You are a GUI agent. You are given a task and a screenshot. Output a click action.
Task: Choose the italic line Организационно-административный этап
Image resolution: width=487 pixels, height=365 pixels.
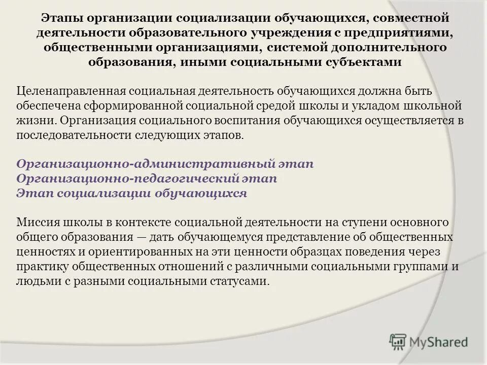click(165, 165)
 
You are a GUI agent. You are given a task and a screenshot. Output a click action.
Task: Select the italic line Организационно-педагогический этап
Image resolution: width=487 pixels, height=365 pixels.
click(147, 179)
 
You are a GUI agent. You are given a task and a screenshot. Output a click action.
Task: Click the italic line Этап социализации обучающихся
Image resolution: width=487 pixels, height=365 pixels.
click(132, 194)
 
